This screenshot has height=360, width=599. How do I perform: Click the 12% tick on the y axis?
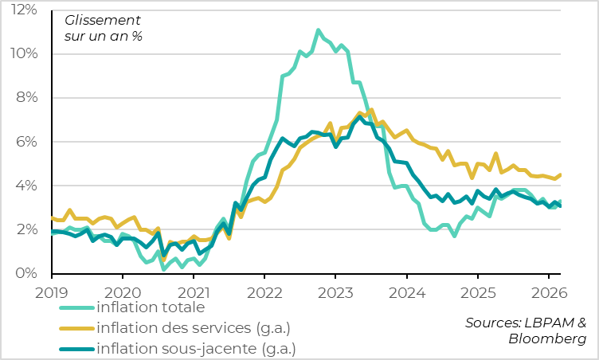[x=23, y=10]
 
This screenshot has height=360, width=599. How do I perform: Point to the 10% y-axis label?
[x=23, y=53]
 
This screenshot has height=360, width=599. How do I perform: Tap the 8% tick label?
[x=26, y=97]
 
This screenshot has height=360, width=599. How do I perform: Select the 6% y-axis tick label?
[x=26, y=142]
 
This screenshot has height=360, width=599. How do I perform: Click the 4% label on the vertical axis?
[x=26, y=186]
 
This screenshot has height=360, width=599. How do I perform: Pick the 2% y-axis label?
[x=26, y=229]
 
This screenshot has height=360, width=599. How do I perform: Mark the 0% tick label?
[x=26, y=273]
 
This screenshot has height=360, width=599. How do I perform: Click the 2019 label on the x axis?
[x=52, y=292]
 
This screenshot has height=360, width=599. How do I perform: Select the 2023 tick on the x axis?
[x=335, y=292]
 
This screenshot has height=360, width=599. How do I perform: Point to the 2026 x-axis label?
[x=548, y=292]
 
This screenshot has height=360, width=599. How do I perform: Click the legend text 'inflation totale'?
[x=151, y=307]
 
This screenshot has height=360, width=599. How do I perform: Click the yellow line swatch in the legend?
[x=76, y=328]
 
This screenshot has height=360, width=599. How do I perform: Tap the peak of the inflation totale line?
[x=318, y=30]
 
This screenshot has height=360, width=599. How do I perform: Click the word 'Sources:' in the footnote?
[x=494, y=323]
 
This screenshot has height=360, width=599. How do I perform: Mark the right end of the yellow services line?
[x=560, y=174]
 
